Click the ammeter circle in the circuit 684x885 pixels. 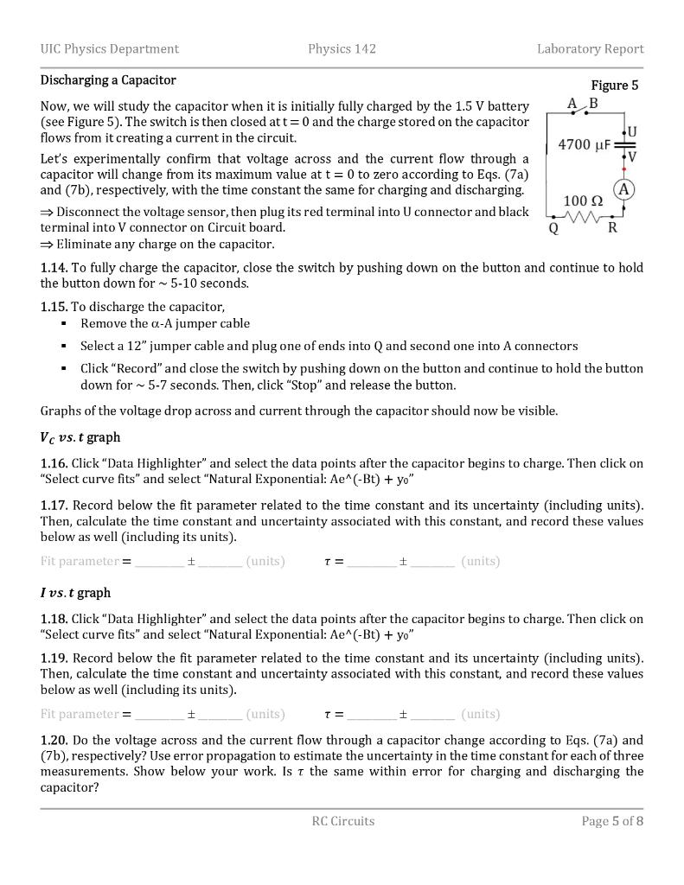tap(623, 190)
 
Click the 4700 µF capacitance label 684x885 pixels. tap(584, 144)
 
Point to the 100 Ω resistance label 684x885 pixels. tap(583, 201)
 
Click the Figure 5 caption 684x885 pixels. tap(614, 85)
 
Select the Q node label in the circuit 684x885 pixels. tap(553, 229)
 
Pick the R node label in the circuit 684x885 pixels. tap(612, 229)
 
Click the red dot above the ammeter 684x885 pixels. tap(623, 169)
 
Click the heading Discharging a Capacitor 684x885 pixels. tap(108, 80)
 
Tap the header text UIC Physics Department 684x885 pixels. tap(110, 48)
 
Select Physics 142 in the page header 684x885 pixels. tap(342, 48)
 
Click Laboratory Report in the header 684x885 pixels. tap(590, 48)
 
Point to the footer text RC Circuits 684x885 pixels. tap(343, 821)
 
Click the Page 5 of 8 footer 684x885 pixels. tap(612, 821)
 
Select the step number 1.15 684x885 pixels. tap(54, 307)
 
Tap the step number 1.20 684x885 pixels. tap(54, 740)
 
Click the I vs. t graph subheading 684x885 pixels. tap(75, 593)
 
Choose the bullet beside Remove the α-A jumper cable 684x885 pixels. tap(64, 324)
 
